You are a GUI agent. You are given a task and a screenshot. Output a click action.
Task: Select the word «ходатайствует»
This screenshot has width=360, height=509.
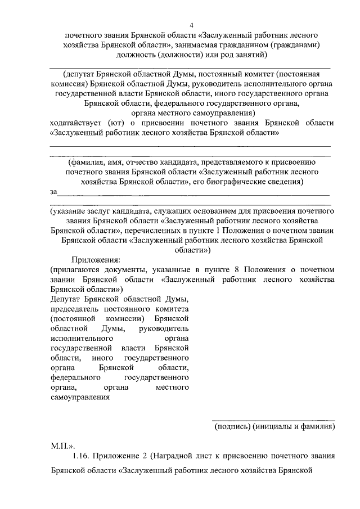(x=78, y=123)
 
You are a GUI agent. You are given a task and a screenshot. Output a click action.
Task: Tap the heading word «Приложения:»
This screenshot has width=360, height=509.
(x=95, y=260)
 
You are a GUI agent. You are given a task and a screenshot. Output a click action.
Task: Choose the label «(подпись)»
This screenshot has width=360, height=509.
(x=232, y=427)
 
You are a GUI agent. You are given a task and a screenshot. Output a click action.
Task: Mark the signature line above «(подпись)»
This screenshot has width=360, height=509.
(x=273, y=420)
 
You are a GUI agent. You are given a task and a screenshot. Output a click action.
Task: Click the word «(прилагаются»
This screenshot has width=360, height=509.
(x=76, y=269)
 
